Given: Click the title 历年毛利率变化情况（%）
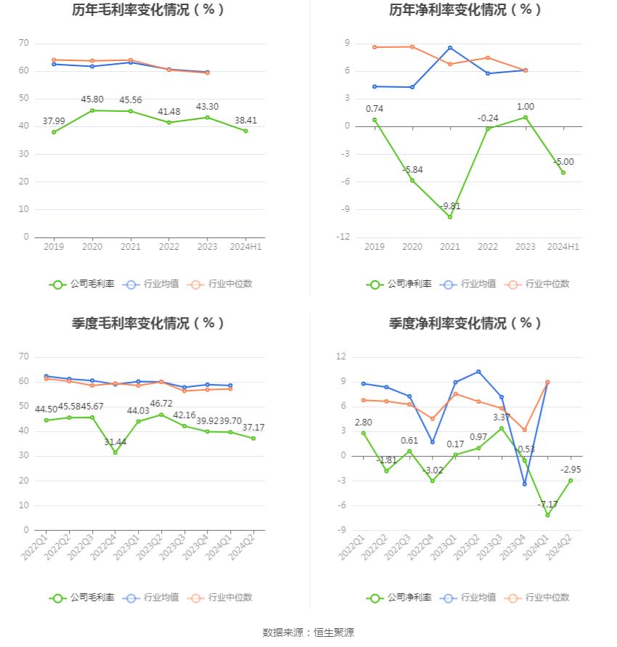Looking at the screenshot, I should (x=148, y=10).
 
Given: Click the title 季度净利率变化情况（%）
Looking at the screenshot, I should (x=465, y=324).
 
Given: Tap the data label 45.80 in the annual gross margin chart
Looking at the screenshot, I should (x=92, y=99).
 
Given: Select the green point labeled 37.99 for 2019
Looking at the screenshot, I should (x=54, y=132).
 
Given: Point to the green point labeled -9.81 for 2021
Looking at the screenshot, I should (x=450, y=217).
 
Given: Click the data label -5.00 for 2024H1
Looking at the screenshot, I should (x=563, y=162).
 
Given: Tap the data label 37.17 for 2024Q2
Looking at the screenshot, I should (x=253, y=428).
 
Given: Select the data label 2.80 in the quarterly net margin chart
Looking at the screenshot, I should (x=363, y=422).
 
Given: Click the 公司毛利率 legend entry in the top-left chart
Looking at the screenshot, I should (x=82, y=285).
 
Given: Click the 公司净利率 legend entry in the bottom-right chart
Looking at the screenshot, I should (x=399, y=598).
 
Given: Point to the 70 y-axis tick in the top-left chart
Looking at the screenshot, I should (x=24, y=44).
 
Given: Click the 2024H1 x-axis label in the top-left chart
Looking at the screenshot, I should (x=245, y=247).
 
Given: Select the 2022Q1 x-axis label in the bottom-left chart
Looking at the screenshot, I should (x=35, y=546).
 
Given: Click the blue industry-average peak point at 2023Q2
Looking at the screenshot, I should (x=479, y=372).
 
